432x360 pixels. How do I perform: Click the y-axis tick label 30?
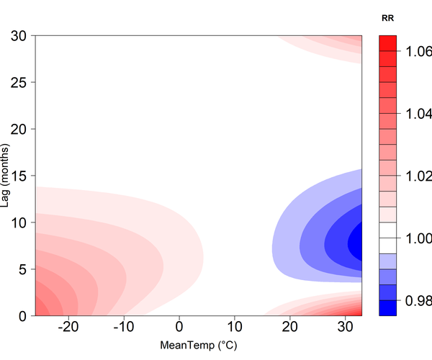(19, 36)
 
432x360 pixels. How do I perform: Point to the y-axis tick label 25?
(19, 83)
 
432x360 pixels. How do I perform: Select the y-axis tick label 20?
(19, 129)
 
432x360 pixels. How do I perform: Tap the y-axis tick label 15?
(19, 176)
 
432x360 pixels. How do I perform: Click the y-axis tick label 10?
(19, 222)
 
